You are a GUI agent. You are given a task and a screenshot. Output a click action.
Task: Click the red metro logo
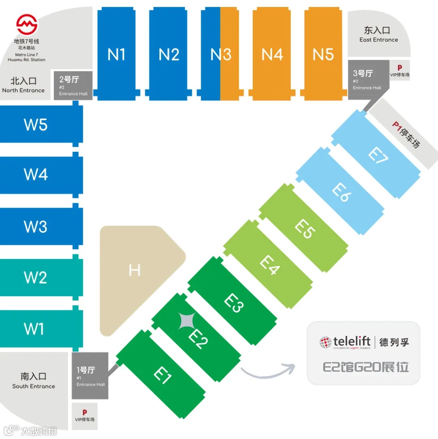pos(27,24)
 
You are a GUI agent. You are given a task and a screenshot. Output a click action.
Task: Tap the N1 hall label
pos(116,54)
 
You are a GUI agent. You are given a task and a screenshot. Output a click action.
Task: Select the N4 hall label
pos(272,54)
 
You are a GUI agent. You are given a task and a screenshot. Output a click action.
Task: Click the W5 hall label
pos(36,125)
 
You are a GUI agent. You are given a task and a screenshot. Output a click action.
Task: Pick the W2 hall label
pos(36,278)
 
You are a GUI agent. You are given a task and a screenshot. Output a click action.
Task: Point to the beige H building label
pos(134,270)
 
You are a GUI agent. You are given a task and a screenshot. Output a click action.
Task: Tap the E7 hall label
pos(378,155)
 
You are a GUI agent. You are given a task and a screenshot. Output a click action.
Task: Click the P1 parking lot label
pos(406,134)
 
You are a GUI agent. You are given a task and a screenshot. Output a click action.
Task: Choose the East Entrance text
pos(378,40)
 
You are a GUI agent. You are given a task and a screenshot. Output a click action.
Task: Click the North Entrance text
pos(24,90)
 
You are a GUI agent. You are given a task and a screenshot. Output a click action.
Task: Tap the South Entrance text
pos(33,386)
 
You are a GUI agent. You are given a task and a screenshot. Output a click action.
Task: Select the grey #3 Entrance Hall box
pos(367,80)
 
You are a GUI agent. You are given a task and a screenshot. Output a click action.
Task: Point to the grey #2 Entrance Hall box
pos(73,86)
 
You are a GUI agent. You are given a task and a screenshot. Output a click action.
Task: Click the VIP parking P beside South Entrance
pos(84,412)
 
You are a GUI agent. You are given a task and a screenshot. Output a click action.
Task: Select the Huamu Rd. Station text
pos(26,60)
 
